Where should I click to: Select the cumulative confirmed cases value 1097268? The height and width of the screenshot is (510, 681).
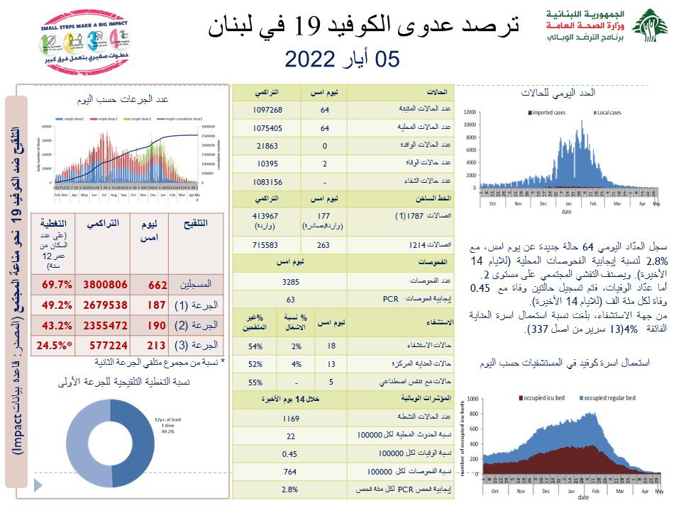tap(267, 110)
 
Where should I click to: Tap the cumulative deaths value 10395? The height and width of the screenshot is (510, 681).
tap(267, 164)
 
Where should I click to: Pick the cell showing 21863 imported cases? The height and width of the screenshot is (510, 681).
tap(267, 146)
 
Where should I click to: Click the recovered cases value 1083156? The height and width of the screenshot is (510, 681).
tap(267, 182)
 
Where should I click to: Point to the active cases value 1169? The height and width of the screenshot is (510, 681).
tap(290, 419)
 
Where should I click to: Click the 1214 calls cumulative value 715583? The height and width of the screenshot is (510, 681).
tap(267, 244)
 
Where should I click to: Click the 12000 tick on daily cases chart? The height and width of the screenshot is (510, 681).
tap(469, 112)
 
